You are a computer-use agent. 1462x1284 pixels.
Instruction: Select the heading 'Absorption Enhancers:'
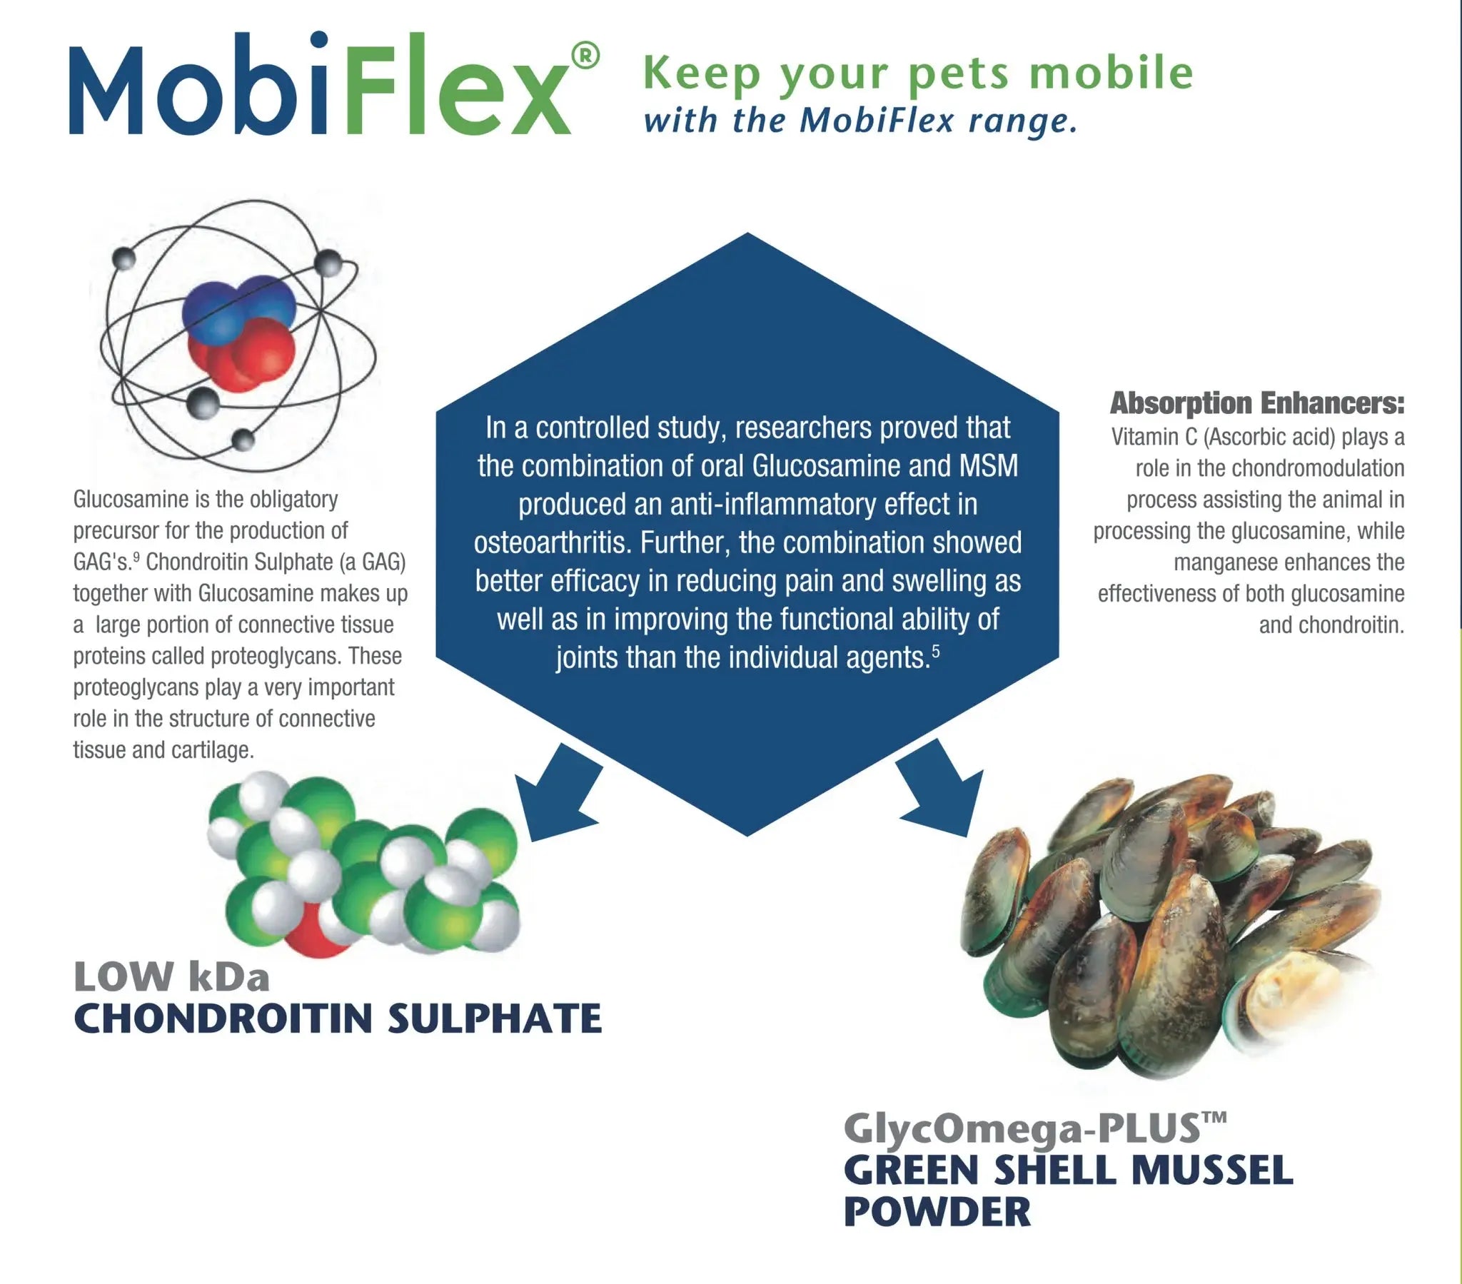point(1256,403)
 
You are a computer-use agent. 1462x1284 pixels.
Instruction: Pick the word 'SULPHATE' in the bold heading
point(494,1018)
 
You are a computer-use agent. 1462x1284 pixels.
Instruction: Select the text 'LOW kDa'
point(171,977)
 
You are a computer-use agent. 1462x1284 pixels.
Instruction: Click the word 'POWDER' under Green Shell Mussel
point(937,1212)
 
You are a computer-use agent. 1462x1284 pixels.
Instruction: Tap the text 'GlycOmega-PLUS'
point(1022,1130)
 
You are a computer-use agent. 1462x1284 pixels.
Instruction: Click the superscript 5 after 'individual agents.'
point(937,652)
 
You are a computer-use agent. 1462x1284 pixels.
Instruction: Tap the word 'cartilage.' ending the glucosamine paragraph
point(213,750)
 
